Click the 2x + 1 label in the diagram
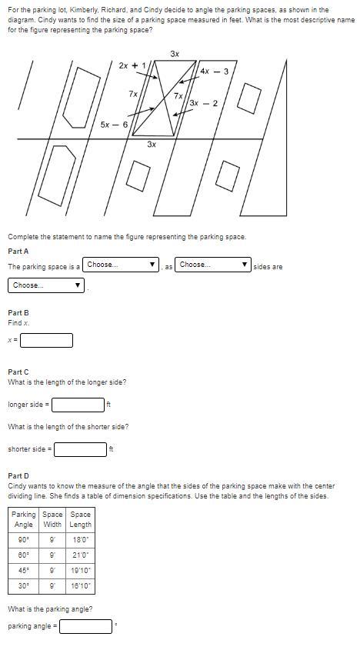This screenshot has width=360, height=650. [x=132, y=65]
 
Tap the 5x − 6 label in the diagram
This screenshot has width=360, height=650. [x=114, y=125]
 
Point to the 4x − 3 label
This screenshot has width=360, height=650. [x=214, y=72]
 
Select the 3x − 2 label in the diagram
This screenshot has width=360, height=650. [x=204, y=103]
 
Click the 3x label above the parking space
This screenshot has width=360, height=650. [x=175, y=54]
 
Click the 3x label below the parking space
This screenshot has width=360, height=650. [x=152, y=145]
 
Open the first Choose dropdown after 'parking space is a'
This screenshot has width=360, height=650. [x=121, y=265]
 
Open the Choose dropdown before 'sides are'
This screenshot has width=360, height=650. [x=213, y=265]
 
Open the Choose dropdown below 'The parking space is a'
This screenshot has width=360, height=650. [x=46, y=285]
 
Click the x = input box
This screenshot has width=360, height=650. [x=46, y=340]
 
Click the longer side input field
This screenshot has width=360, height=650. [x=78, y=405]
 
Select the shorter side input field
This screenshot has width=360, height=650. [x=81, y=449]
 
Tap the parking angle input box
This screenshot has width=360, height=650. [x=85, y=626]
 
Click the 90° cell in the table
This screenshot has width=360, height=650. [x=23, y=540]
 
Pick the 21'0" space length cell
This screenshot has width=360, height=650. [x=81, y=555]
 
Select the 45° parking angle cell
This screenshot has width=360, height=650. [x=23, y=571]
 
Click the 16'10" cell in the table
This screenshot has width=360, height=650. [x=81, y=586]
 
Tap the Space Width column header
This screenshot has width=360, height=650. [x=52, y=519]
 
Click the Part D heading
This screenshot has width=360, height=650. [x=18, y=476]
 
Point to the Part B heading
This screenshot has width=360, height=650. [x=18, y=313]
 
